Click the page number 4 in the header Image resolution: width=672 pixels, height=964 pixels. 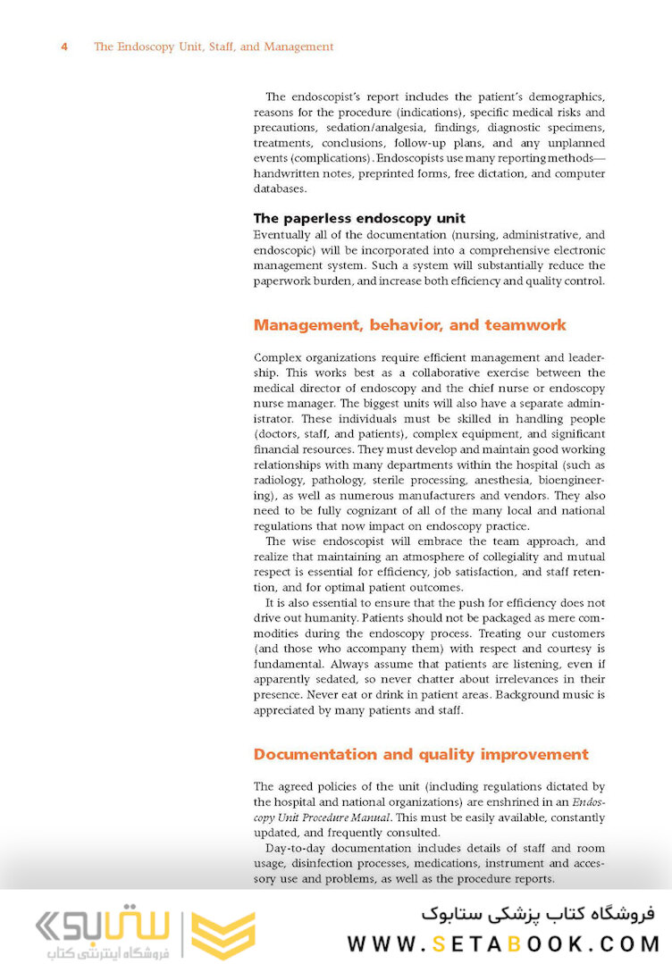click(x=64, y=46)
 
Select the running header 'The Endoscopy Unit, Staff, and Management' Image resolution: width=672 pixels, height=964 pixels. click(x=214, y=46)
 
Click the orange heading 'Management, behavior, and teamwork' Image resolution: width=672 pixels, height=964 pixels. click(x=409, y=325)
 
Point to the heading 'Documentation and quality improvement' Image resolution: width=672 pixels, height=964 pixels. click(x=421, y=754)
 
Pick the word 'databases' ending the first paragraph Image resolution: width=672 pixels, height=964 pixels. click(x=281, y=189)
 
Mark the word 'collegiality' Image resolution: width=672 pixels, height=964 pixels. click(x=491, y=557)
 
